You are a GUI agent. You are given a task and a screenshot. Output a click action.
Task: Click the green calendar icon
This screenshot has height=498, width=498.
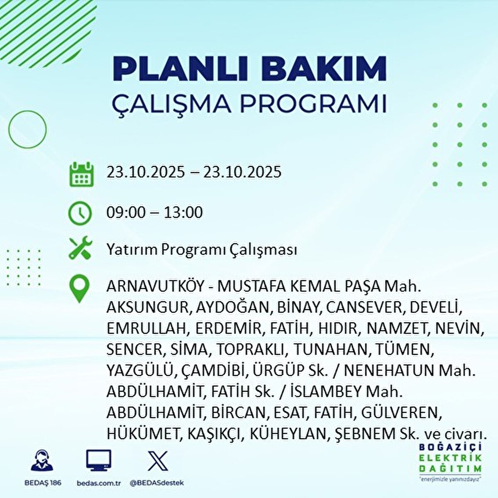pos(81,174)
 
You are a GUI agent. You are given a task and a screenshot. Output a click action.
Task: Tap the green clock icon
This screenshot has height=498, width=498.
pos(80,213)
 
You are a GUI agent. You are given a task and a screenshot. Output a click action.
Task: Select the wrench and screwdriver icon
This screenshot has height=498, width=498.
pos(81,248)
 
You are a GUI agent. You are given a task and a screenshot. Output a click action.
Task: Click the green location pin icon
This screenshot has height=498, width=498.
pos(79,288)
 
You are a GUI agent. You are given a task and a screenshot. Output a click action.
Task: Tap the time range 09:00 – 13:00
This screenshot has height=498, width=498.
pos(154,213)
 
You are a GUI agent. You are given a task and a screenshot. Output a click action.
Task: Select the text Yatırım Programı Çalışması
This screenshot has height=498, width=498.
pos(202,250)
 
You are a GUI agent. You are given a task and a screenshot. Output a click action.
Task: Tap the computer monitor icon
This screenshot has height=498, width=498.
pos(98,460)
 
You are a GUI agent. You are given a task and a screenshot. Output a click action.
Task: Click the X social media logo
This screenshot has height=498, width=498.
pos(158,461)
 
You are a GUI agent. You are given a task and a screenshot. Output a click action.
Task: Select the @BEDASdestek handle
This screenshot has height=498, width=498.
pos(157,483)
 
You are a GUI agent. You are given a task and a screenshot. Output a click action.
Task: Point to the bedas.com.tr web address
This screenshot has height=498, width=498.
pos(98,483)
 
